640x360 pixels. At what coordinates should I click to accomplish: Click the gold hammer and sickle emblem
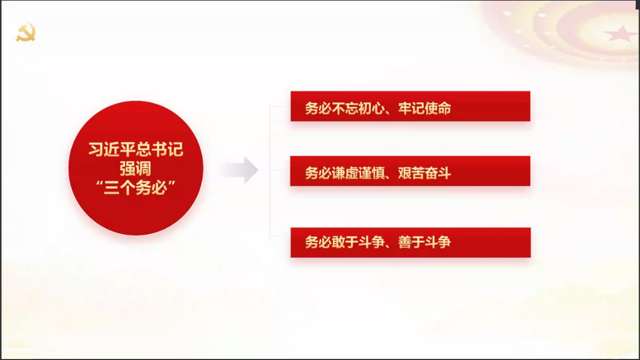point(26,32)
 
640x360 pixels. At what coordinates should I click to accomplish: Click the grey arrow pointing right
point(240,170)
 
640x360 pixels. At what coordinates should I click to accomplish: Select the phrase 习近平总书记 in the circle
point(136,149)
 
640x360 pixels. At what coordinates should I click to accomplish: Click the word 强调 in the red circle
point(136,168)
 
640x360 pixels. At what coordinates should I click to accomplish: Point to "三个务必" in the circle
point(136,188)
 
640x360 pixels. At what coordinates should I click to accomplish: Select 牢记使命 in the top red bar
point(425,108)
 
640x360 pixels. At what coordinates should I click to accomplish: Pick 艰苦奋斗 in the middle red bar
point(425,173)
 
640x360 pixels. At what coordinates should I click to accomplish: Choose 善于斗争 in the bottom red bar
point(425,242)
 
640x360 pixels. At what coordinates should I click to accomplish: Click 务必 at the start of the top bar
point(318,108)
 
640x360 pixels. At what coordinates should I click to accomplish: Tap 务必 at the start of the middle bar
point(318,173)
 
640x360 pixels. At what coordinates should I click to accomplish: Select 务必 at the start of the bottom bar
point(318,242)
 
